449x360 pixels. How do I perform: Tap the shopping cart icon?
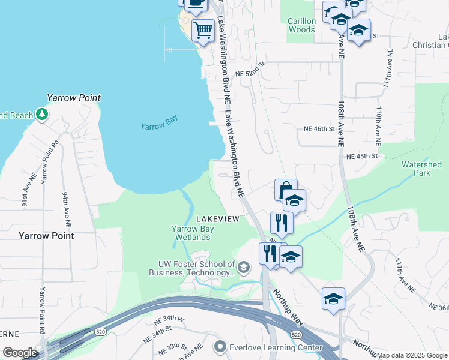(203, 29)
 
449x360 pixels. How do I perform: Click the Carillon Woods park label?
(301, 25)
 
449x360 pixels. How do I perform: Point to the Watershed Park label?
(421, 169)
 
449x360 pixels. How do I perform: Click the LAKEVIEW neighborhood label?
(217, 219)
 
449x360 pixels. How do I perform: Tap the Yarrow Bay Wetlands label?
(191, 233)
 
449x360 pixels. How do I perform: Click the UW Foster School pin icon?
(244, 268)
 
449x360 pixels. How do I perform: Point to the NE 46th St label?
(319, 129)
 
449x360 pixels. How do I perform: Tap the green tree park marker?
(41, 114)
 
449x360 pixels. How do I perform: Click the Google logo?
(20, 353)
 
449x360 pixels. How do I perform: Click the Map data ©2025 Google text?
(412, 355)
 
